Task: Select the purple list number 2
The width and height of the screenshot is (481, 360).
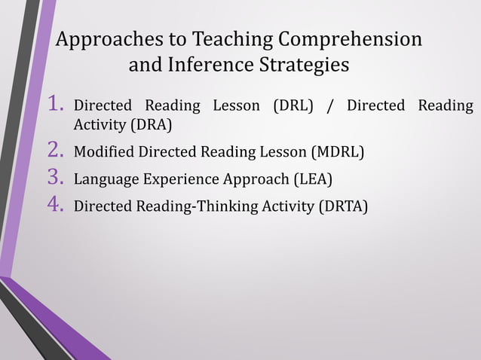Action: point(56,151)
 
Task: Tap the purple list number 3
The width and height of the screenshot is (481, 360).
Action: point(56,178)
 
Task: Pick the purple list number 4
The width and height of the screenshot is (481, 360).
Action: point(56,204)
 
